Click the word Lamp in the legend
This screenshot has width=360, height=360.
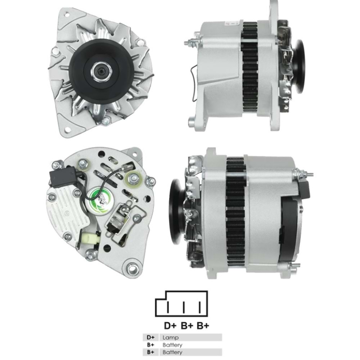pyautogui.click(x=170, y=338)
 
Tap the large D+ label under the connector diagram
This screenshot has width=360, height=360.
pyautogui.click(x=170, y=326)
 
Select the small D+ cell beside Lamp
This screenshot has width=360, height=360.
pyautogui.click(x=150, y=338)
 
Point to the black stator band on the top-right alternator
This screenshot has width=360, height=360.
pyautogui.click(x=249, y=68)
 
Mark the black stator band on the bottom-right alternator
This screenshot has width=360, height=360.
pyautogui.click(x=236, y=212)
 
